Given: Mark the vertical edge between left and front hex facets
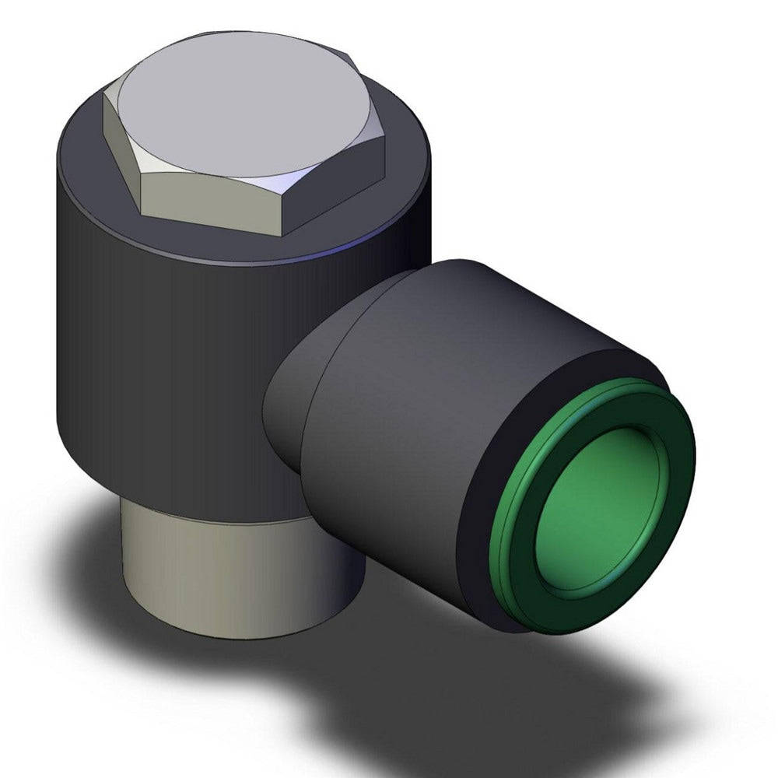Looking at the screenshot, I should (139, 191).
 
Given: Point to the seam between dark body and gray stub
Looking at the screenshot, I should (218, 520).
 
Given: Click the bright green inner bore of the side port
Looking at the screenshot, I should (599, 506).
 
